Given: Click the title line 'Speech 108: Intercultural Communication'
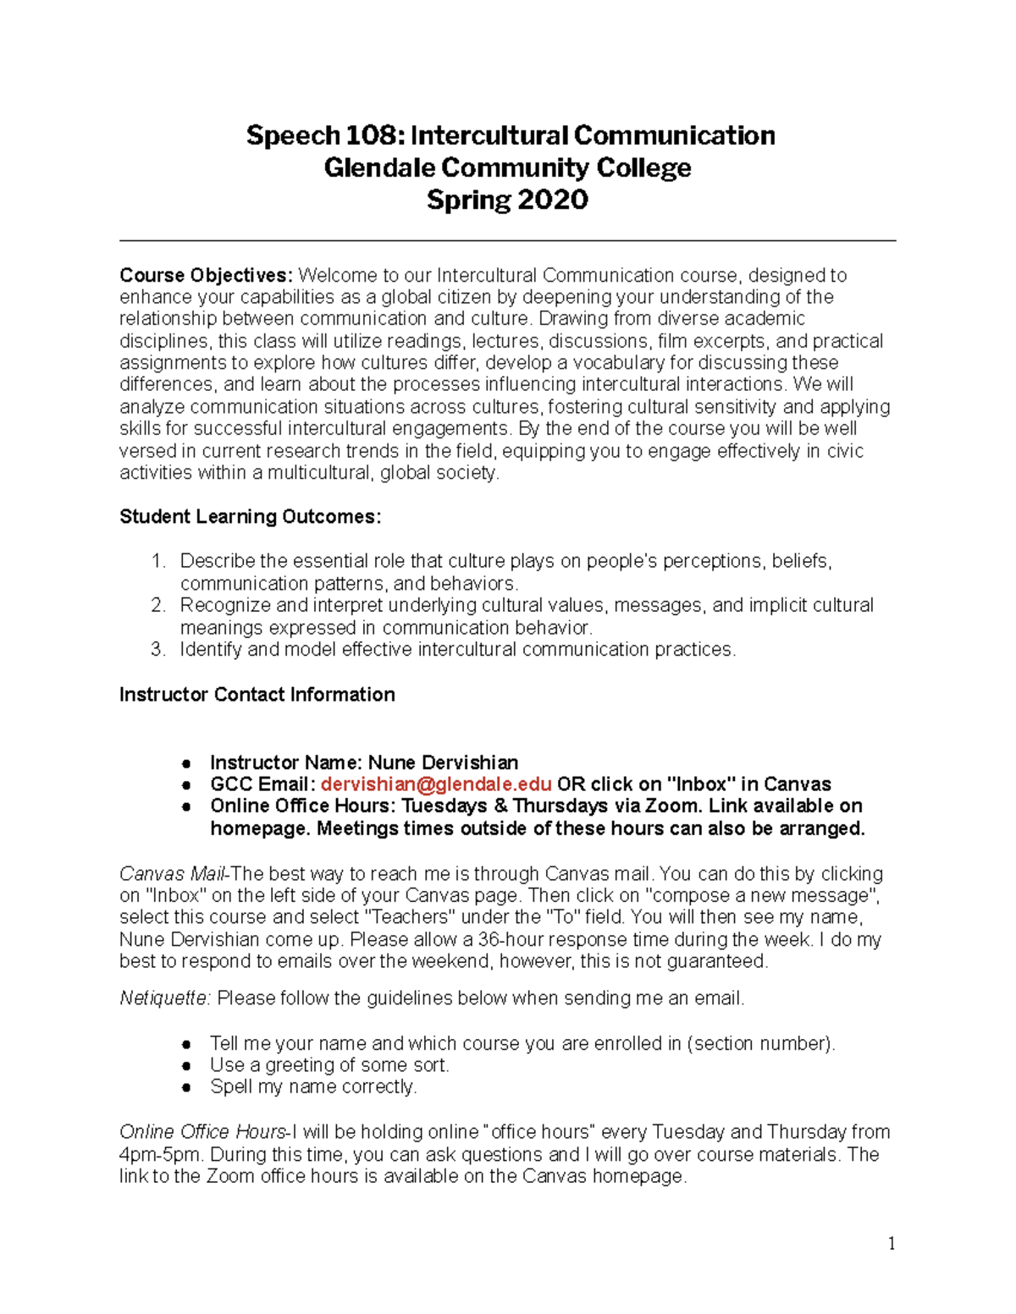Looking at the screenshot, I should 510,135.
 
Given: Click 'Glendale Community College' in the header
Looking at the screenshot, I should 507,168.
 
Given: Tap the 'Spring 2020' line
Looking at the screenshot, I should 507,200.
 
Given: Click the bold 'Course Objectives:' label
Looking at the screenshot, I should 206,276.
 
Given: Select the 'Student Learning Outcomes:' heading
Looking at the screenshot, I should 250,517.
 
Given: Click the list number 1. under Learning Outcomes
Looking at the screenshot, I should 158,562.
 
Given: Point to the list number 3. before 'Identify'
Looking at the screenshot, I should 157,650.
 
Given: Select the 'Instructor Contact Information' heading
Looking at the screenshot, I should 257,695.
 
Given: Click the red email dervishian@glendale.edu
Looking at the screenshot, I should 436,784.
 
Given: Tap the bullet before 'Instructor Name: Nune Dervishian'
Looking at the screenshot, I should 186,763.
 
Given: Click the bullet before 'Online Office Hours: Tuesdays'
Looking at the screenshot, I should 186,807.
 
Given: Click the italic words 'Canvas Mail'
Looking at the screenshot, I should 173,874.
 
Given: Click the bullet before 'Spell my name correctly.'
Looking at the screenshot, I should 186,1088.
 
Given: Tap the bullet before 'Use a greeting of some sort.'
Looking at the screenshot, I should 186,1066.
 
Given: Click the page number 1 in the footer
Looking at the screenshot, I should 892,1243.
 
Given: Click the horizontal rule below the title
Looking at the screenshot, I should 507,241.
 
